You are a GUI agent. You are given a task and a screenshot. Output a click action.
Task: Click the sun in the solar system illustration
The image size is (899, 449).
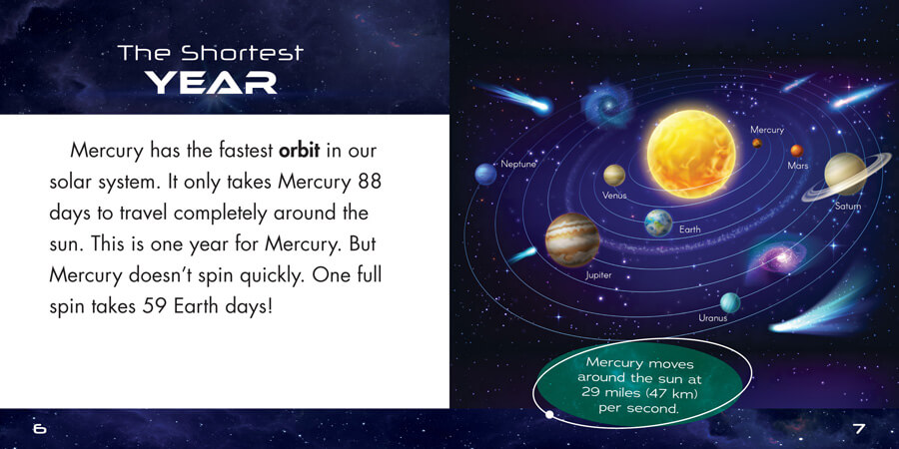pos(691,154)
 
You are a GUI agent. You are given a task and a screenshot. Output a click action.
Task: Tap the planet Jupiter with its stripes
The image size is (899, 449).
pos(572,239)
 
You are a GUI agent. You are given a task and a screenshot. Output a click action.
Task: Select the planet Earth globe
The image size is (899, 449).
pos(658,223)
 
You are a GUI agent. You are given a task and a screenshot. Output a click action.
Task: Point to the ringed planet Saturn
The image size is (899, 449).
pos(843,175)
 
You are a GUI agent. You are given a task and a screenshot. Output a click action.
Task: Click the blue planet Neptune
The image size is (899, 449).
pos(485,174)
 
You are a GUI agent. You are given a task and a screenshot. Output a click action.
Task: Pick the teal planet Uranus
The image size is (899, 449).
pos(730,302)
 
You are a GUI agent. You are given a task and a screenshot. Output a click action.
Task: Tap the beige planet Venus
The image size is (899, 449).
pos(614,176)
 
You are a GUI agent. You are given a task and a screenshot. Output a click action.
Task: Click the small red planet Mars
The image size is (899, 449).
pos(797,151)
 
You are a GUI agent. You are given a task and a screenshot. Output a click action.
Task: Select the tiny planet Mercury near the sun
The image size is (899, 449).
pos(757,143)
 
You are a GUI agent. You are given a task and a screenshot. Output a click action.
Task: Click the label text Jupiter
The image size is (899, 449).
pos(598,275)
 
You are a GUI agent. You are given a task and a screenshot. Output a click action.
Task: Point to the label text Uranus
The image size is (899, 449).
pos(712,318)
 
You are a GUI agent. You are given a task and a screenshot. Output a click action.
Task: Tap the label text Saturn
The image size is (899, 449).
pos(848,207)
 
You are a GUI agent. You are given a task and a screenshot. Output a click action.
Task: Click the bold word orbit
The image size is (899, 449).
pos(299,152)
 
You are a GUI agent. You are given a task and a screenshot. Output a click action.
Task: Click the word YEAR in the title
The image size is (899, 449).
pos(211,83)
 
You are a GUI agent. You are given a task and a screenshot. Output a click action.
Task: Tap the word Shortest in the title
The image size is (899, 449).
pos(242,53)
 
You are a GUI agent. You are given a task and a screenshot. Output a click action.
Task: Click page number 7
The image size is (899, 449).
pos(859,428)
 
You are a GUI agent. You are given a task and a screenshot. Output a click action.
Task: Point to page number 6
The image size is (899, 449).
pos(40,428)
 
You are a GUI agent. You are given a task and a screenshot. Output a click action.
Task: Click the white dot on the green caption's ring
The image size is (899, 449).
pos(549,415)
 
